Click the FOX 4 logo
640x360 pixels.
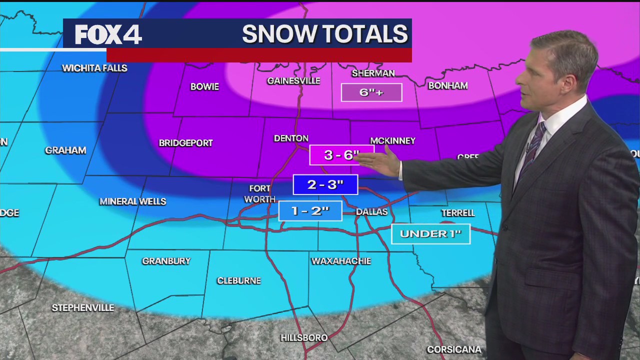point(108,34)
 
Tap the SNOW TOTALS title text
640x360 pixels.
point(324,34)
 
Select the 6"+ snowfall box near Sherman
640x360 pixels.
point(371,92)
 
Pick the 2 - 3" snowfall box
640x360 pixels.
point(325,184)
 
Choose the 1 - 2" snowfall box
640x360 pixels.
point(310,210)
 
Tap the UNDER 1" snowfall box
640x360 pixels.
point(430,233)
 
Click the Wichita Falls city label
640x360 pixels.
point(94,68)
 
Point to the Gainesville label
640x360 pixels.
point(293,80)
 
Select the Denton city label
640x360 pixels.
point(291,138)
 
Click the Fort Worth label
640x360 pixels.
point(259,194)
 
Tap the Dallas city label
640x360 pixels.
point(371,212)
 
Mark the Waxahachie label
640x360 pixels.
point(341,261)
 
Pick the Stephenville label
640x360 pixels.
point(83,308)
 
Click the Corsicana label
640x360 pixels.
point(454,349)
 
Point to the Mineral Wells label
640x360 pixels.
point(132,201)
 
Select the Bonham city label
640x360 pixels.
point(448,85)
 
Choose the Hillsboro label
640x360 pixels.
point(304,338)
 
